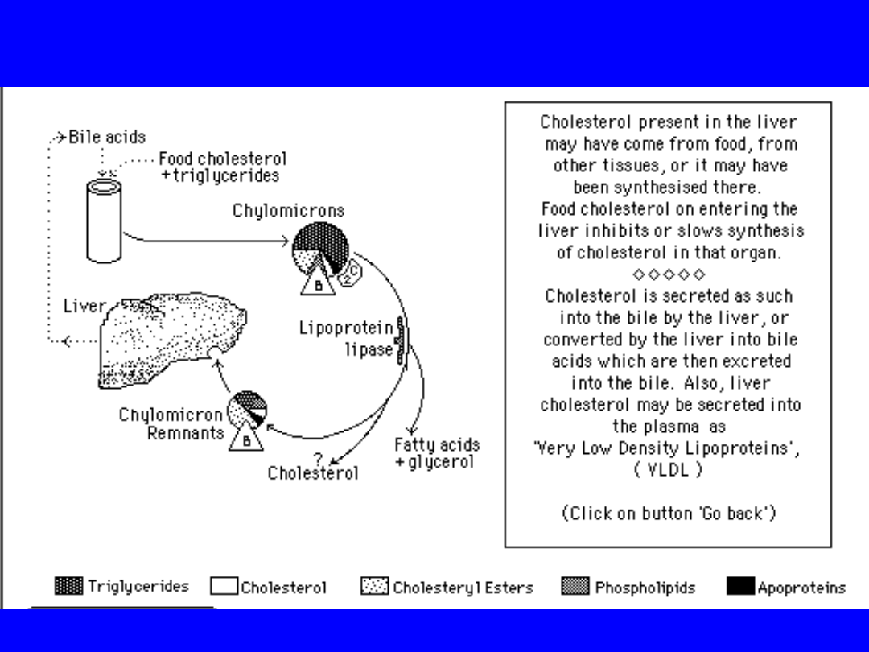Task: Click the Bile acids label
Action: pyautogui.click(x=107, y=136)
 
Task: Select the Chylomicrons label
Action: pyautogui.click(x=288, y=211)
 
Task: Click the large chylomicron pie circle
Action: pyautogui.click(x=320, y=248)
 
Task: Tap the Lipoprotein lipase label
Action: pyautogui.click(x=347, y=339)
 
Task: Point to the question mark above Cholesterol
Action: pyautogui.click(x=318, y=457)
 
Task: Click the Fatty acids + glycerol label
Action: pyautogui.click(x=436, y=453)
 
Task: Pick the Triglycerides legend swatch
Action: pyautogui.click(x=68, y=586)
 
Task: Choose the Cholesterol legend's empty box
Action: pyautogui.click(x=223, y=587)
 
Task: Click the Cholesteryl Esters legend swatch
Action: pyautogui.click(x=374, y=587)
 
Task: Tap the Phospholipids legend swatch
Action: pyautogui.click(x=575, y=587)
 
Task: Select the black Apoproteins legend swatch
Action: pyautogui.click(x=740, y=587)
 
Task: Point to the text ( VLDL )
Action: pyautogui.click(x=668, y=470)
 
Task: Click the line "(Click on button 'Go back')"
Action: pyautogui.click(x=668, y=513)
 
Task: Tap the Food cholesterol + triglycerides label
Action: pyautogui.click(x=220, y=167)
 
